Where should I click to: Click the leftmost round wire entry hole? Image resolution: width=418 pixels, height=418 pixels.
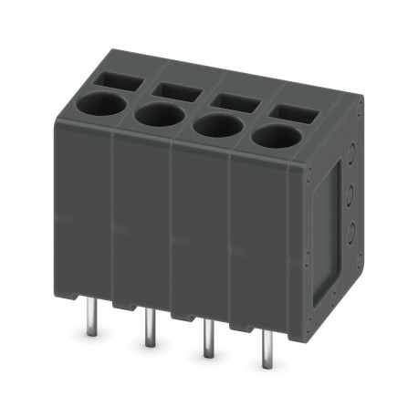pos(106,104)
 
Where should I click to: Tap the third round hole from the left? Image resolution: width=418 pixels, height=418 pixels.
pos(217,126)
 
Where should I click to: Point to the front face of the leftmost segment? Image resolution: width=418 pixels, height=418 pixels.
pos(84,210)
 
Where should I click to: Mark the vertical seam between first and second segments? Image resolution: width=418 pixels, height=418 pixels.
pos(112,219)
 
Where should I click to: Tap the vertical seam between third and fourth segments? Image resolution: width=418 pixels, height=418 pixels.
pos(231,242)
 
